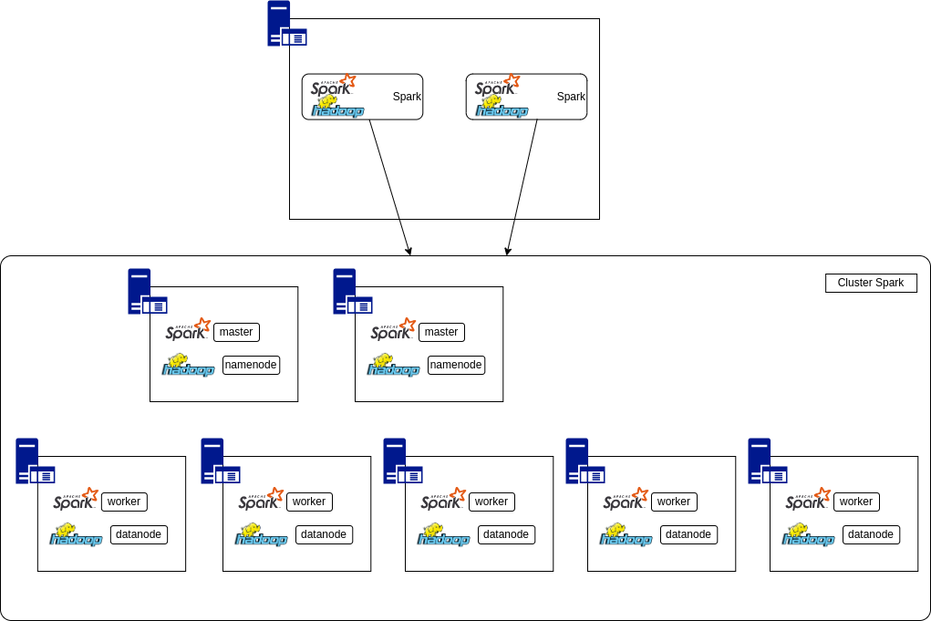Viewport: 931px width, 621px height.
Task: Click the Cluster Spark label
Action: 870,283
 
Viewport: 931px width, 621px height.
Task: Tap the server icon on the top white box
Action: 284,25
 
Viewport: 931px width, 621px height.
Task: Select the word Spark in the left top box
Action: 407,97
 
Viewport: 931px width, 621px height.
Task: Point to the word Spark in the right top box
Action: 571,97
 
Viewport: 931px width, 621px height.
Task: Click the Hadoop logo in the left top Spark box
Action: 337,109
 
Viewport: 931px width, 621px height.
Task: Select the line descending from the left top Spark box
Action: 384,170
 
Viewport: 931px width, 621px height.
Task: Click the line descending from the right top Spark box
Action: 526,170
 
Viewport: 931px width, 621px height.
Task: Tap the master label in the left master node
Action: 236,332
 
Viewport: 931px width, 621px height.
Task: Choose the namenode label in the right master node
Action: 456,365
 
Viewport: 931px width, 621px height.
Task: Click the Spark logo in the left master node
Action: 188,330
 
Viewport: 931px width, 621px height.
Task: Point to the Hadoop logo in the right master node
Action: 393,365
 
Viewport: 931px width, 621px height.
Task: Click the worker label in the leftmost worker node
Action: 124,502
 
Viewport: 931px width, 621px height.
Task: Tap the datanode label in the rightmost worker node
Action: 871,534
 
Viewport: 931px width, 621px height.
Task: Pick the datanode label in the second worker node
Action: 324,534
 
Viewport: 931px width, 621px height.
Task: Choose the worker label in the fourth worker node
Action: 674,502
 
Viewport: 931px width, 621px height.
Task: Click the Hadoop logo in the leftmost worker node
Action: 76,535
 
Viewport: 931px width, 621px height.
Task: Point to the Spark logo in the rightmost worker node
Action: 808,500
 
